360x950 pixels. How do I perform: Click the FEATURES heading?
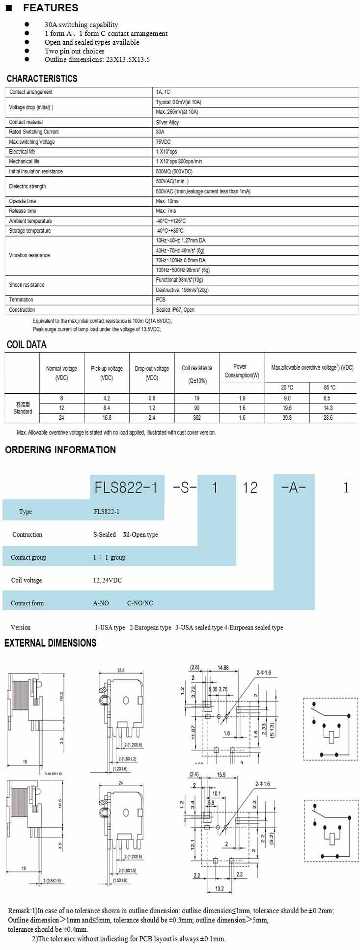[x=51, y=8]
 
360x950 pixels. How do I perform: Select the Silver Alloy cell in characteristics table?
[x=167, y=122]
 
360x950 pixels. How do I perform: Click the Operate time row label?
[x=23, y=201]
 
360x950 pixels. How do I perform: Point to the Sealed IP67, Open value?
[x=175, y=310]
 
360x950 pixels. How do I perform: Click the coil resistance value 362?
[x=197, y=418]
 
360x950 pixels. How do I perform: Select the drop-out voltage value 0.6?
[x=152, y=398]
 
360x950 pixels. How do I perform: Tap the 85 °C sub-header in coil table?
[x=330, y=387]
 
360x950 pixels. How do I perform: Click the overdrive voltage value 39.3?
[x=287, y=418]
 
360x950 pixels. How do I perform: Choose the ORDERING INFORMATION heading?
[x=60, y=450]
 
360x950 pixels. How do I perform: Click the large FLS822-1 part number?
[x=126, y=488]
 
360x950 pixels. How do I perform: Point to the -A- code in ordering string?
[x=293, y=488]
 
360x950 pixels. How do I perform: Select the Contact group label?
[x=28, y=557]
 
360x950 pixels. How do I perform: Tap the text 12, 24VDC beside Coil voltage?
[x=108, y=580]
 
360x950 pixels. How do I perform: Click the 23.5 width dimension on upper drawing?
[x=121, y=670]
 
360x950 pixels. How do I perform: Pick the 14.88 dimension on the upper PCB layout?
[x=223, y=668]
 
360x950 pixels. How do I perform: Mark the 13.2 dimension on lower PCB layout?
[x=220, y=889]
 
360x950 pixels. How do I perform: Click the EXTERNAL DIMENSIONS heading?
[x=51, y=643]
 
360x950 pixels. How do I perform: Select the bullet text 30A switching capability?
[x=82, y=25]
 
